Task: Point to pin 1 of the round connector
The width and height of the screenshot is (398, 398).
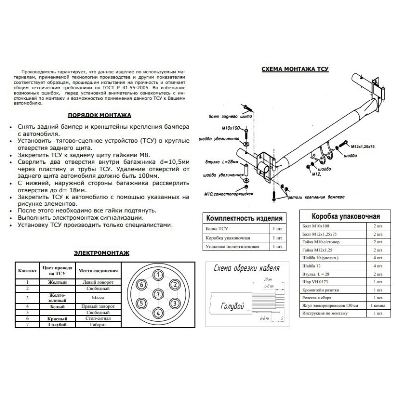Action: tap(158, 274)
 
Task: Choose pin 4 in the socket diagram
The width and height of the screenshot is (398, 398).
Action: tap(158, 313)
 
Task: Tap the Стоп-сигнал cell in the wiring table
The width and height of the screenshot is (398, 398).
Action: tap(98, 318)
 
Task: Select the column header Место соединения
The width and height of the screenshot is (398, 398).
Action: tap(98, 271)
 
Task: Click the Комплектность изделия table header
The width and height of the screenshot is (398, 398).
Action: tap(245, 218)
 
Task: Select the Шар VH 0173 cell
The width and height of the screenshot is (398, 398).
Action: tap(318, 281)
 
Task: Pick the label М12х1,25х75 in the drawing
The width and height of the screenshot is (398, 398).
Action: tap(362, 147)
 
